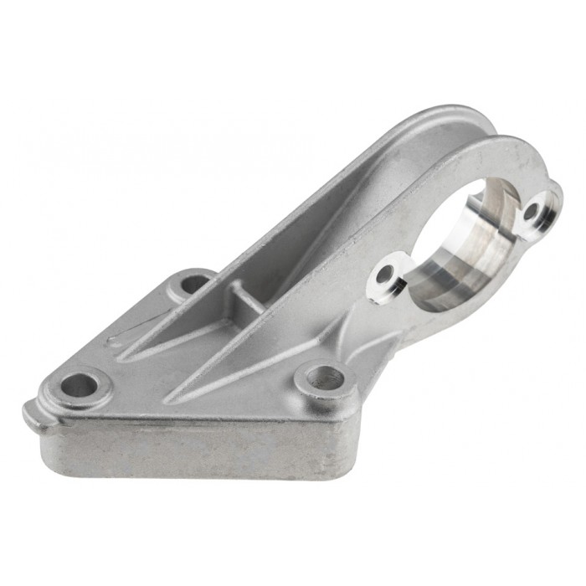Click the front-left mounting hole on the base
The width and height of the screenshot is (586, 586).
click(79, 386)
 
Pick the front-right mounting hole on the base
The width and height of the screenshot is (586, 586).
click(321, 378)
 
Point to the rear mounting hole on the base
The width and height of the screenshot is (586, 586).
click(193, 284)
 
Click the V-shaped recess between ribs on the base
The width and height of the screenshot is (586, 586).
click(167, 343)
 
